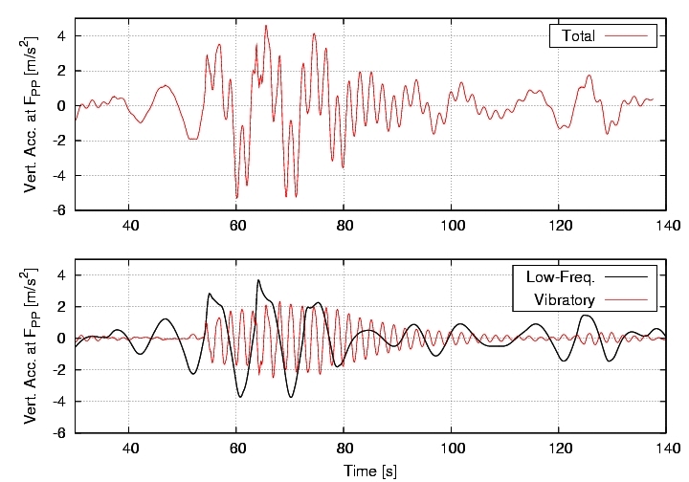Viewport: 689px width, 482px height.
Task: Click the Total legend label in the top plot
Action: click(580, 36)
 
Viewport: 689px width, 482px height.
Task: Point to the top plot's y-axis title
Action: click(33, 115)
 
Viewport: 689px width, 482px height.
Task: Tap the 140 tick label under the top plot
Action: click(665, 226)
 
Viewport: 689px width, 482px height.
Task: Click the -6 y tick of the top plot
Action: click(59, 210)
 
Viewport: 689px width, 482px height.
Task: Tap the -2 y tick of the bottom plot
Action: click(59, 369)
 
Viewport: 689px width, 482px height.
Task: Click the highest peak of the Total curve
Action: click(266, 26)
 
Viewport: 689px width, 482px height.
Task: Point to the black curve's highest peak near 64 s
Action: click(257, 280)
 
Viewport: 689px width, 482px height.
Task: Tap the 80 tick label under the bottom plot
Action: click(344, 449)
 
